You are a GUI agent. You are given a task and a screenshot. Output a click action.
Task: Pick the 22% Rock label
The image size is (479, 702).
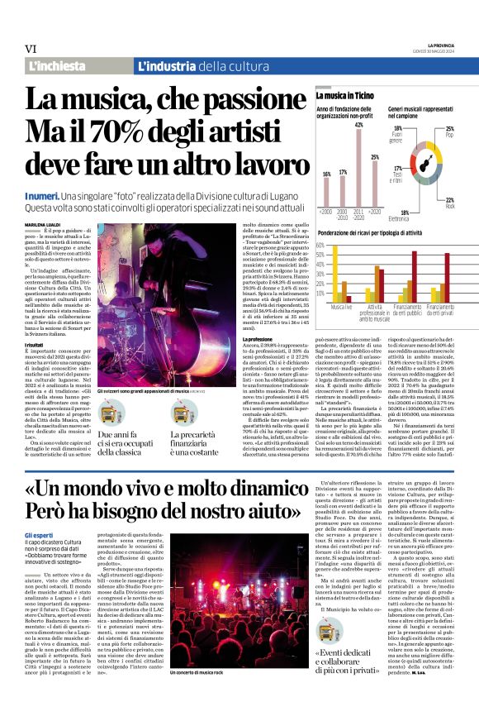[449, 202]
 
